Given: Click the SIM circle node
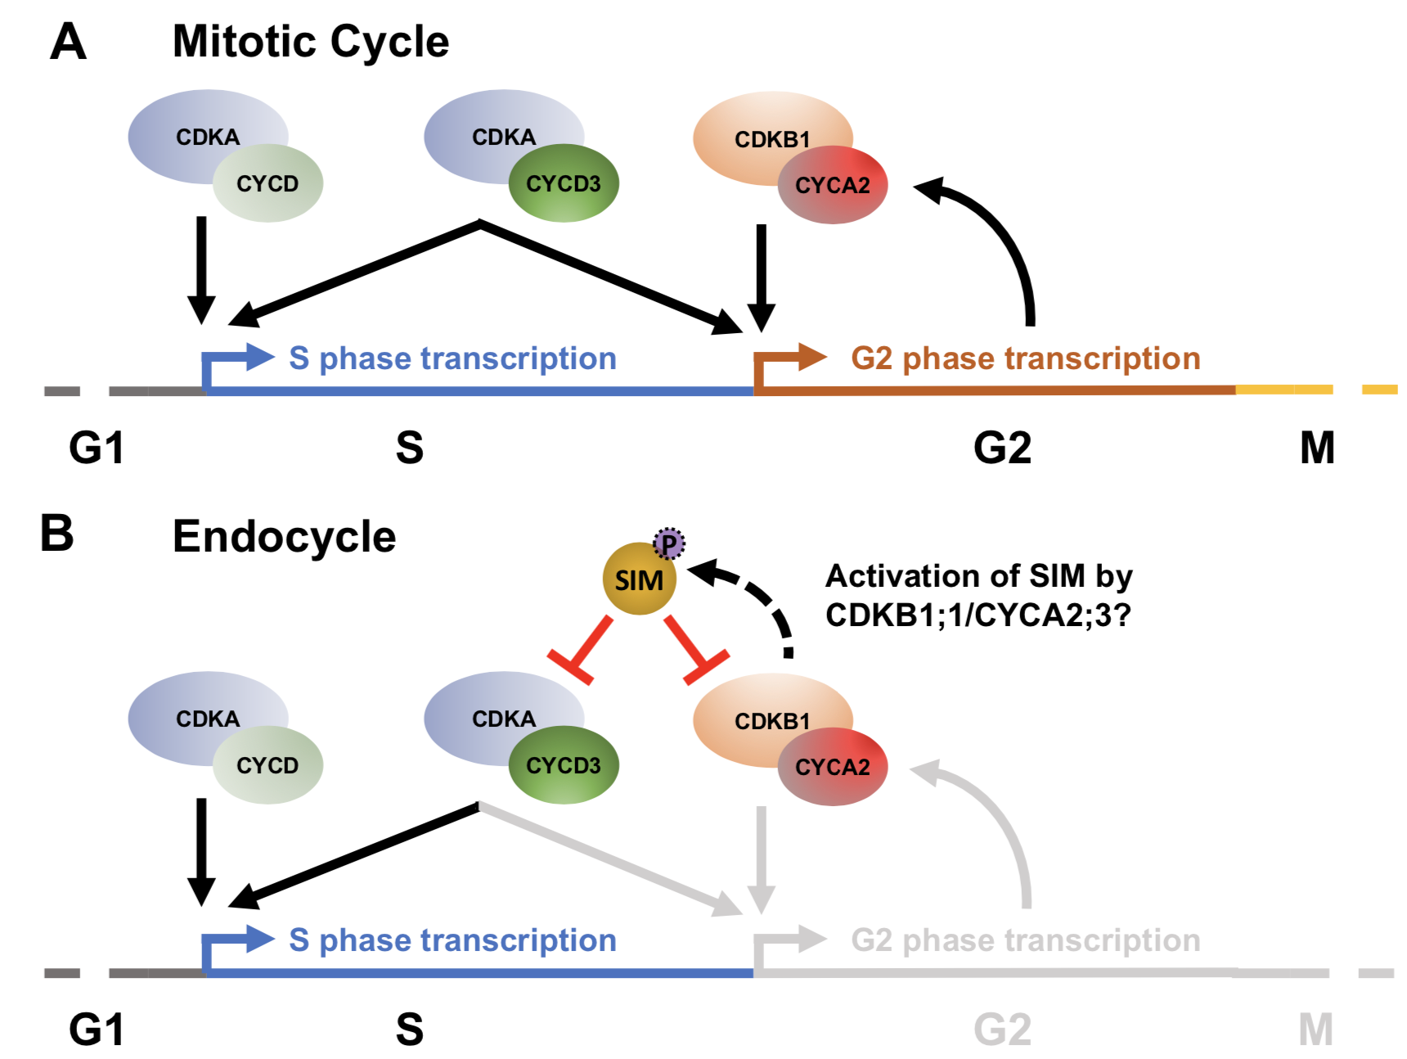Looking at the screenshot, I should [639, 579].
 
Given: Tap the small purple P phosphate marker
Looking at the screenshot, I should [668, 543].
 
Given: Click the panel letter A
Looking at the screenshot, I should [68, 42].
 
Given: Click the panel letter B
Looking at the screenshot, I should [57, 534].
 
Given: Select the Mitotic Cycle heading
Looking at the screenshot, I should [310, 42].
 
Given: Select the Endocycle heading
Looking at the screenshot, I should [284, 537].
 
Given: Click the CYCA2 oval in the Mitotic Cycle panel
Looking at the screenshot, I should [833, 186].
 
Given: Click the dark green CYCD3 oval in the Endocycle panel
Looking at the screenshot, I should [564, 765].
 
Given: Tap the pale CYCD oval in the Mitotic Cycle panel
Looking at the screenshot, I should [267, 184].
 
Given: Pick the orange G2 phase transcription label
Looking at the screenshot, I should [1025, 358].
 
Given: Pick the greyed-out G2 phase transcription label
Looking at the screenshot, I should [1025, 940].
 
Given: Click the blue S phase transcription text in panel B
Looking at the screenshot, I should [452, 940].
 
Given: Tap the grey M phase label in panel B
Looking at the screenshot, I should [1315, 1030].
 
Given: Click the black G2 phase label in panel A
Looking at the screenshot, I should [1002, 448].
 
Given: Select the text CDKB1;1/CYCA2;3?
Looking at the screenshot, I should [978, 615].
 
